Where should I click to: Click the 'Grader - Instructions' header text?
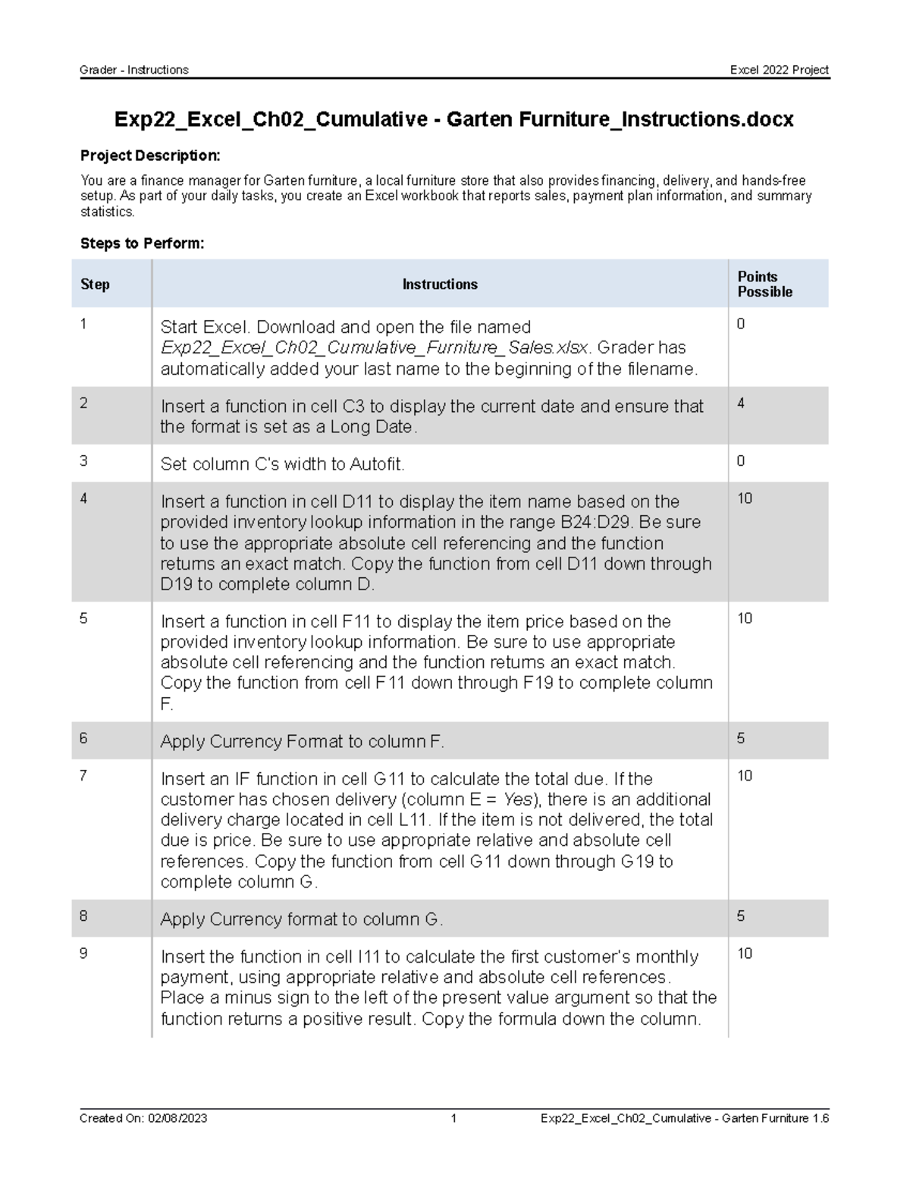pos(134,70)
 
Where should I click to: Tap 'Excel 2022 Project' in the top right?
pos(779,70)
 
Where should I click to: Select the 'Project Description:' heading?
pos(150,155)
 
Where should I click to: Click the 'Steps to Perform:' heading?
pos(143,243)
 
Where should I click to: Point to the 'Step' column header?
pos(95,284)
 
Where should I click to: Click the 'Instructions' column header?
pos(439,284)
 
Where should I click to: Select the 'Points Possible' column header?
pos(764,284)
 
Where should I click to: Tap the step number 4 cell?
pos(83,499)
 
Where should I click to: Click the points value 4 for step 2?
pos(741,404)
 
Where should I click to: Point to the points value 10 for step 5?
pos(745,619)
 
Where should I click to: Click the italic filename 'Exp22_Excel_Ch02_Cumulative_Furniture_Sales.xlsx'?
pos(374,348)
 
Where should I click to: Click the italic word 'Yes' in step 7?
pos(519,799)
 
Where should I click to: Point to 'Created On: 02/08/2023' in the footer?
pos(143,1118)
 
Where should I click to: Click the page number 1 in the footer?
pos(453,1118)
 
